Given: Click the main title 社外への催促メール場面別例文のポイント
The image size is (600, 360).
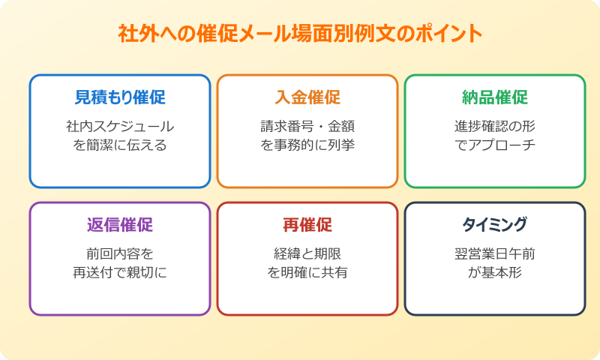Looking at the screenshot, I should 300,34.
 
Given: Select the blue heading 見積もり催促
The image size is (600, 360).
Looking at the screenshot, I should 120,97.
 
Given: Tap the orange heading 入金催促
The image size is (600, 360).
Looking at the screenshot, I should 307,97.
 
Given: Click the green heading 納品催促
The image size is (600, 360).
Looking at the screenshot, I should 495,97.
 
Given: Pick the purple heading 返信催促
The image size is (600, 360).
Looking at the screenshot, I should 120,225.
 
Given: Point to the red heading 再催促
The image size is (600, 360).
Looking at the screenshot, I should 307,225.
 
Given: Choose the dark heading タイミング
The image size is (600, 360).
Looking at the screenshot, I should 495,225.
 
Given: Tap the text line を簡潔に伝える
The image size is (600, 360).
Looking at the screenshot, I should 120,145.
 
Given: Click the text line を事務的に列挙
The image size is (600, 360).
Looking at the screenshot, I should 307,145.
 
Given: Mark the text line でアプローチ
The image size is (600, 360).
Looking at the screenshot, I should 495,145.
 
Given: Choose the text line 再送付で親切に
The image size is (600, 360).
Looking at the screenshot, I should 120,272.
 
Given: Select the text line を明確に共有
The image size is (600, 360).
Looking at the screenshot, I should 307,272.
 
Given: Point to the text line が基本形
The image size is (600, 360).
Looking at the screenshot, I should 495,272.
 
